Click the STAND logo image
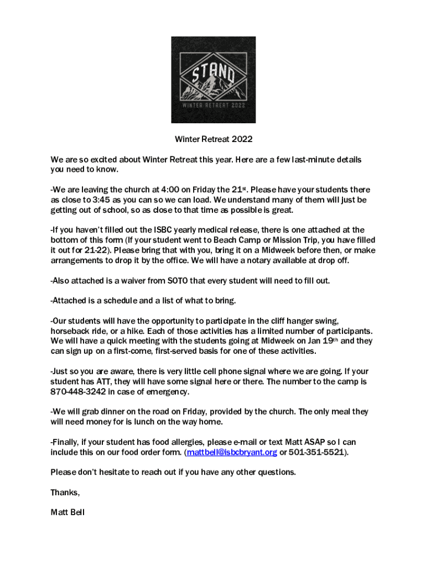[x=213, y=80]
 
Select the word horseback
[x=69, y=331]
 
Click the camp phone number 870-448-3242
[x=77, y=392]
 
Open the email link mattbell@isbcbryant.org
[x=232, y=452]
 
